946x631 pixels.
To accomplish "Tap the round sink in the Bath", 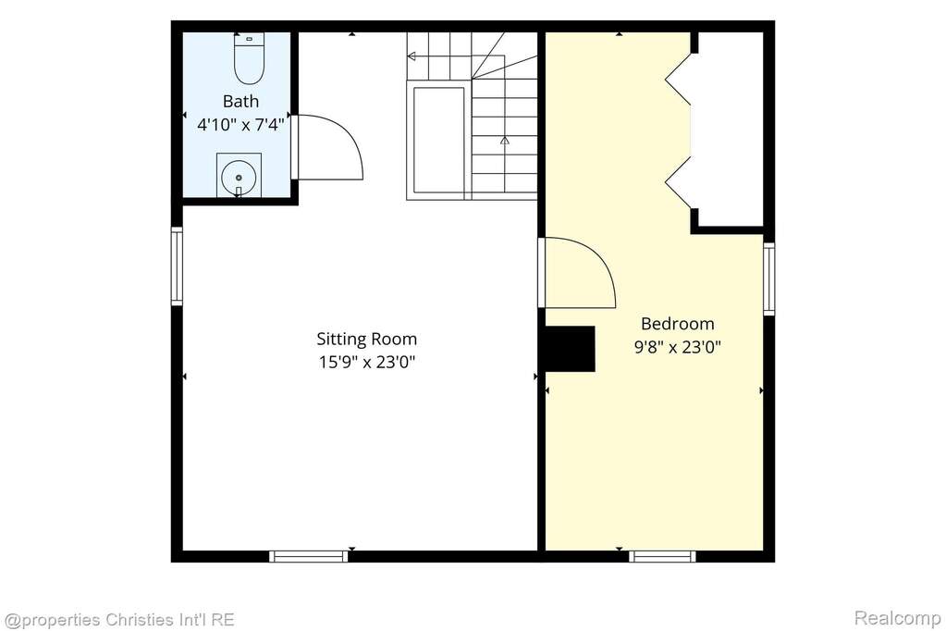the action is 239,178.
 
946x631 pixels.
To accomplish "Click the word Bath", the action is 240,101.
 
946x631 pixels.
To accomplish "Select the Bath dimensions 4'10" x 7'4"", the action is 240,125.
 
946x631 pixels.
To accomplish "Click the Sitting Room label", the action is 367,339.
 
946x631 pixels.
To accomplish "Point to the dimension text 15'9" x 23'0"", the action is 367,363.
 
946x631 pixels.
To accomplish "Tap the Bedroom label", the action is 678,324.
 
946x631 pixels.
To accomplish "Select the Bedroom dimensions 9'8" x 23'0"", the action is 678,347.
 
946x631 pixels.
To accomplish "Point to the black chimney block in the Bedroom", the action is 571,349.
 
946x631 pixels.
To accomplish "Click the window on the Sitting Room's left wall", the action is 177,266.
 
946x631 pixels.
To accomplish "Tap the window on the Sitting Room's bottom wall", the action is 309,556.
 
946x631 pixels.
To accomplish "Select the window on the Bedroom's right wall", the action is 769,278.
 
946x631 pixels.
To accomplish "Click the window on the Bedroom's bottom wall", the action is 662,556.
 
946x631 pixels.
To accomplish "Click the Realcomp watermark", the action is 897,618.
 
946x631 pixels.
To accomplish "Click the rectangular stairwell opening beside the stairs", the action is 438,140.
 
